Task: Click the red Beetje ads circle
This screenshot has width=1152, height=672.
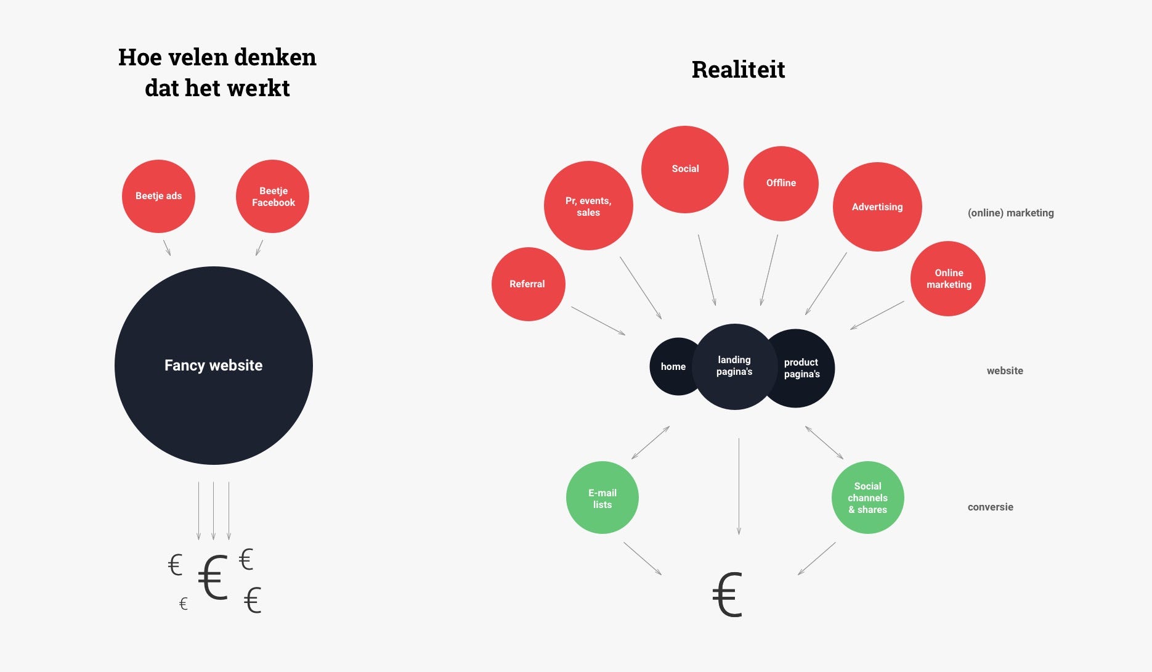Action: (158, 196)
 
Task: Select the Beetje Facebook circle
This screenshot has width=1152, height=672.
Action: (272, 196)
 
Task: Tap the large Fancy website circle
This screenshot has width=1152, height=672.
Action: (213, 366)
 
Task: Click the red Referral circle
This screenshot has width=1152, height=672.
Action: (528, 284)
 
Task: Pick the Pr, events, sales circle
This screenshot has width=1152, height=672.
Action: (588, 206)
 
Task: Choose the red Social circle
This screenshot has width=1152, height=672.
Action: (685, 169)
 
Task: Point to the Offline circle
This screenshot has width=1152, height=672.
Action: (781, 183)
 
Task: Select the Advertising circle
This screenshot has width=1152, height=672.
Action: (877, 207)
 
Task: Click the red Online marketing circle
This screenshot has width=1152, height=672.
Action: (948, 279)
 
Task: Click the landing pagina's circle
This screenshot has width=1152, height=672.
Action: (734, 366)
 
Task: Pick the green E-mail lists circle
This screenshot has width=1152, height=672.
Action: (602, 498)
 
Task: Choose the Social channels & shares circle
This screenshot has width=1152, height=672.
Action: (867, 498)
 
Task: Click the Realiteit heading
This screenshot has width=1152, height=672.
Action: (738, 70)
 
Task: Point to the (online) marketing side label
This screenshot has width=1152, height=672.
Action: (1010, 213)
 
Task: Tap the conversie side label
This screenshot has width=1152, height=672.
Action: (990, 507)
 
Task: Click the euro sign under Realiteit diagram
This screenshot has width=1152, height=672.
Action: (727, 595)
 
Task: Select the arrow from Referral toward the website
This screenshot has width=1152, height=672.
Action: (598, 321)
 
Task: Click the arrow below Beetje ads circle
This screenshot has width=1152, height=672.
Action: (167, 248)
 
